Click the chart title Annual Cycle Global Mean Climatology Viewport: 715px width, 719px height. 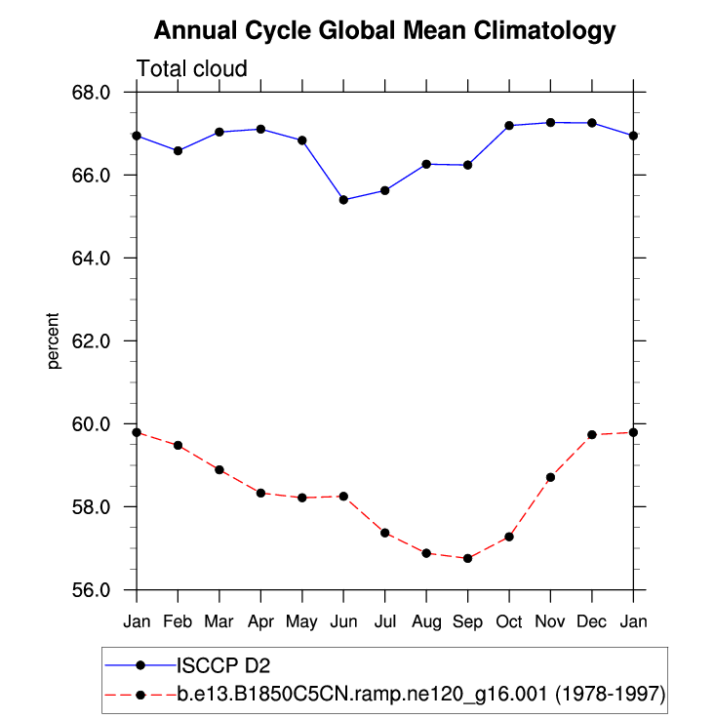385,31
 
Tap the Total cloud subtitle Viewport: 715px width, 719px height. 191,68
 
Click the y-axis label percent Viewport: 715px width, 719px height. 54,341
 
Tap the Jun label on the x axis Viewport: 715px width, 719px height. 343,621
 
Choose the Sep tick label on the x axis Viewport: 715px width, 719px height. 467,621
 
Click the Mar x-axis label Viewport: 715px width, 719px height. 219,621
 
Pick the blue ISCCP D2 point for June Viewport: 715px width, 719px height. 343,200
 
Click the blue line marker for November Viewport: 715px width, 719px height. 550,123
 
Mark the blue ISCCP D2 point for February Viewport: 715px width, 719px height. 178,151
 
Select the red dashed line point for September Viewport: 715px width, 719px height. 467,558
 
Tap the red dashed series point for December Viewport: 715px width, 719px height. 592,434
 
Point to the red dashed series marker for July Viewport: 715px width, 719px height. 385,533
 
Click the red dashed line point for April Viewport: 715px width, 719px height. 260,493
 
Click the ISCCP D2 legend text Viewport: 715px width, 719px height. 222,666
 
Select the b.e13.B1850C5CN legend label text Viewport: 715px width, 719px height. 419,695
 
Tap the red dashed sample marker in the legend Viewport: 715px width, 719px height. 140,695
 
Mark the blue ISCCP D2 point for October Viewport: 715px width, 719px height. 509,126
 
